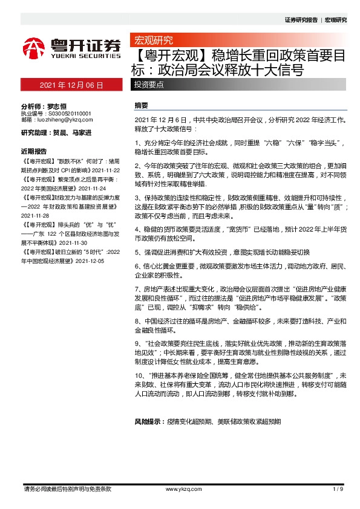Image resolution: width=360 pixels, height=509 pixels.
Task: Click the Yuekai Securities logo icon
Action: point(34,47)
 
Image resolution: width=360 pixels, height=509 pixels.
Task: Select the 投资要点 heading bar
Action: point(149,85)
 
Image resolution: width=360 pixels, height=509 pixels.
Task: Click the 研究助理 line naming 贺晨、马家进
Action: point(53,132)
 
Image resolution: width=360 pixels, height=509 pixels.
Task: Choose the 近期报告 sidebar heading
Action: point(34,151)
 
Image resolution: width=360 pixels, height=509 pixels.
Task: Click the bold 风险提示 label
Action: point(149,421)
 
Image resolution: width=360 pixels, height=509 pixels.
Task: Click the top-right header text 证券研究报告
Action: point(301,20)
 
